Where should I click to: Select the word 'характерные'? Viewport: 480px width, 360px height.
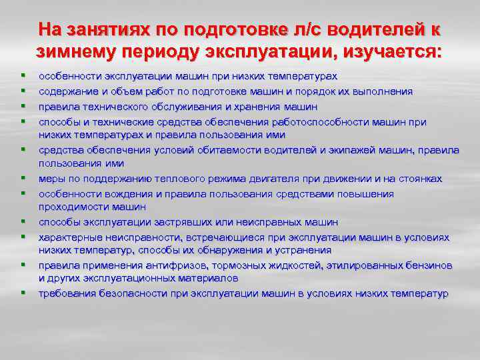67,237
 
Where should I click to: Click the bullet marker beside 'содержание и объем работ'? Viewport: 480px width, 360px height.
23,91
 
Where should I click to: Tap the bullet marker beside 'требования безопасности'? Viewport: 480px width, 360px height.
23,293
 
